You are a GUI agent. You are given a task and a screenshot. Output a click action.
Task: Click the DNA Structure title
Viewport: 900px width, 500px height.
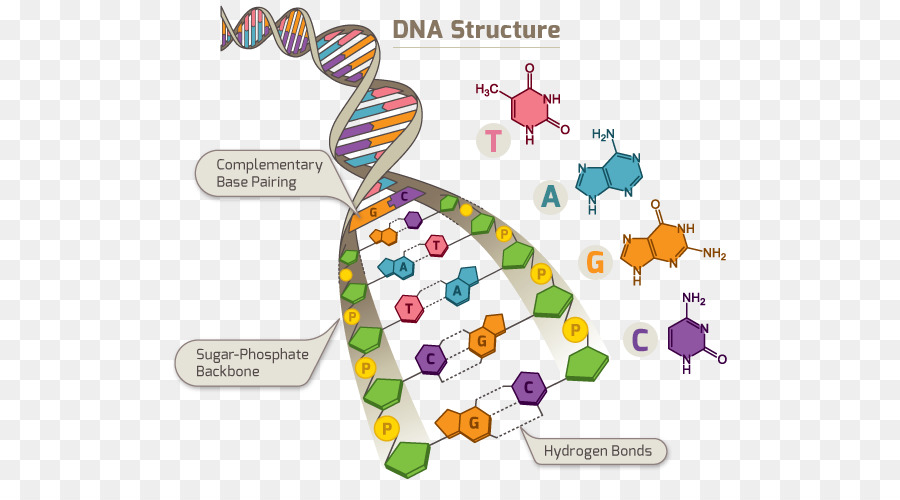pyautogui.click(x=475, y=30)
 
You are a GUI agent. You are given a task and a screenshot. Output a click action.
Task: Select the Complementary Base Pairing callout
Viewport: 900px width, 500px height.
pyautogui.click(x=269, y=173)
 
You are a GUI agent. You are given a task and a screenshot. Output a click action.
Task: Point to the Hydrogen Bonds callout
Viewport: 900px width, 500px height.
pyautogui.click(x=597, y=451)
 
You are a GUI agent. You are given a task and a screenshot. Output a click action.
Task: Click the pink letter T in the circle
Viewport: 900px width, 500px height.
pyautogui.click(x=493, y=140)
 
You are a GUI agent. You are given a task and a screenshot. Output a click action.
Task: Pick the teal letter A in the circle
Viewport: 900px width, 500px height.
pyautogui.click(x=550, y=197)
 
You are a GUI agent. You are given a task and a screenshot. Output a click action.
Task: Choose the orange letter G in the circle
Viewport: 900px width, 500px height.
pyautogui.click(x=596, y=263)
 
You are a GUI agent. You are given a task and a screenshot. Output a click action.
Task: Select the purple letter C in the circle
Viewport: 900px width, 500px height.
pyautogui.click(x=640, y=340)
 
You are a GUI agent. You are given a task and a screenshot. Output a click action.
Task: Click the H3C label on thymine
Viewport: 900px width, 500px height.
pyautogui.click(x=487, y=90)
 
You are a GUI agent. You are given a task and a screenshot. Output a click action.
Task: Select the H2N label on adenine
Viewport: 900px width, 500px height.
pyautogui.click(x=604, y=134)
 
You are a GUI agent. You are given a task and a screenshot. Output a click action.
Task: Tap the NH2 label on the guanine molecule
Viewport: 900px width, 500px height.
pyautogui.click(x=714, y=254)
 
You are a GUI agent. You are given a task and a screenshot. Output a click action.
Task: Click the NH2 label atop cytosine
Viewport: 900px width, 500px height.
pyautogui.click(x=695, y=299)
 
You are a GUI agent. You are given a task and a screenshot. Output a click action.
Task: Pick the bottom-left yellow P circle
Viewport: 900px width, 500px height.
pyautogui.click(x=386, y=428)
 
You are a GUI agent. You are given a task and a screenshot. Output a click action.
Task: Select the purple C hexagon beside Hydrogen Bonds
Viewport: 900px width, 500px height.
pyautogui.click(x=529, y=386)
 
